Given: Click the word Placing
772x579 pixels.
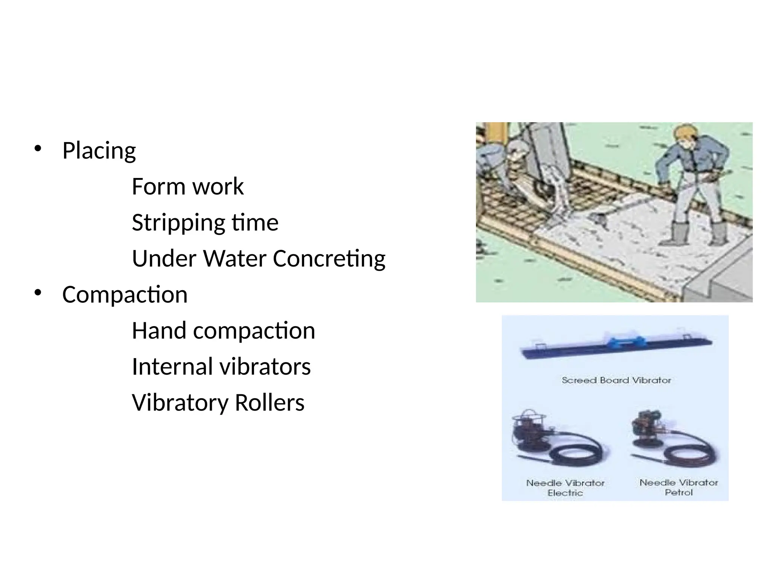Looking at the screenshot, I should point(99,151).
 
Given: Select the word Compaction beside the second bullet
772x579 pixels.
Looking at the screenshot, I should point(125,295).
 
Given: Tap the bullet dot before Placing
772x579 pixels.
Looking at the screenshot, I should point(38,148).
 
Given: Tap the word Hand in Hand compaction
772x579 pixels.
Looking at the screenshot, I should point(159,331).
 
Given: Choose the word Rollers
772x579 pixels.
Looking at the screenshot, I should point(269,403).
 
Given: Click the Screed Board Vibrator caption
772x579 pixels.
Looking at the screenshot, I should point(616,380).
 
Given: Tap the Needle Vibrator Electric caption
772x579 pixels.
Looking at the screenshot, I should point(565,488).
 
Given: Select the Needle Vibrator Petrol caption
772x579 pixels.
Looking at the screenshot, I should point(679,487).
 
